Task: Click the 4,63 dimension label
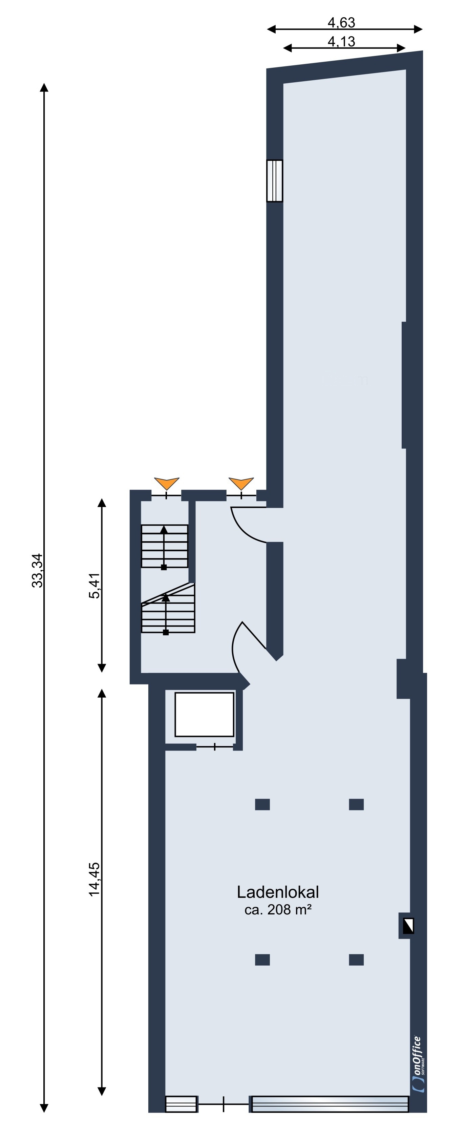pyautogui.click(x=341, y=22)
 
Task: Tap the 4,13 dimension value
pyautogui.click(x=341, y=41)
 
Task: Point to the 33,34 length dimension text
pyautogui.click(x=38, y=571)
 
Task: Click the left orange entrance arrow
pyautogui.click(x=167, y=483)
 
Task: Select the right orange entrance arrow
pyautogui.click(x=241, y=483)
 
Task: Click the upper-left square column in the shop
pyautogui.click(x=262, y=804)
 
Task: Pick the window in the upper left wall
pyautogui.click(x=274, y=181)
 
